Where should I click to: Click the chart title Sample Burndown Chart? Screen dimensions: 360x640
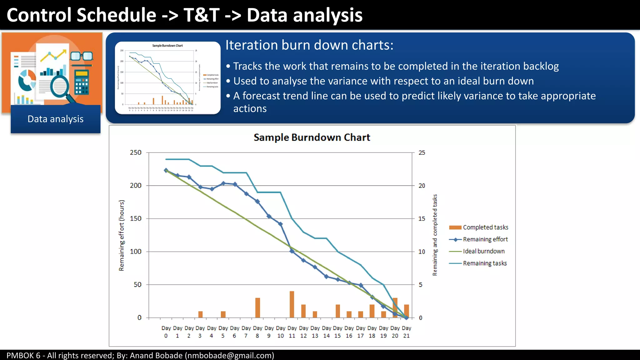(x=312, y=137)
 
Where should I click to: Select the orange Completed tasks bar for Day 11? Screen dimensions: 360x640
(x=292, y=304)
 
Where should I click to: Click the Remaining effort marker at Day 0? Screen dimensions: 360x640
(x=166, y=170)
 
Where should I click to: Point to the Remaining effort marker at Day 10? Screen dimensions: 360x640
(x=280, y=224)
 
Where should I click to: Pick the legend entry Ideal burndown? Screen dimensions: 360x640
(x=483, y=251)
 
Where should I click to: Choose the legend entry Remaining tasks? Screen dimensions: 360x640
(x=484, y=263)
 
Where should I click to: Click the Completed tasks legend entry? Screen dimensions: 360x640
(x=485, y=227)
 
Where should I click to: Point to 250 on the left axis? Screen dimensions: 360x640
(x=136, y=152)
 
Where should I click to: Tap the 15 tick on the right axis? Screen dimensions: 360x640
(x=422, y=219)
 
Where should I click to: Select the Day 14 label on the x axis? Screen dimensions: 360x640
(x=326, y=332)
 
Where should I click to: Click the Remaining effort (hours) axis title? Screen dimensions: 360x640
(x=122, y=235)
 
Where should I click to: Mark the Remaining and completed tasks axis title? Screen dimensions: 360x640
(x=435, y=235)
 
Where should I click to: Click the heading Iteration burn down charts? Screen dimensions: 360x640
(x=309, y=45)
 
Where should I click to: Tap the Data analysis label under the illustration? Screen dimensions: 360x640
(x=56, y=119)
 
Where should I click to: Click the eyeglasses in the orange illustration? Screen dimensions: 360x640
(x=82, y=57)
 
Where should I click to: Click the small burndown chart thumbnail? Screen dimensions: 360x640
(x=168, y=78)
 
